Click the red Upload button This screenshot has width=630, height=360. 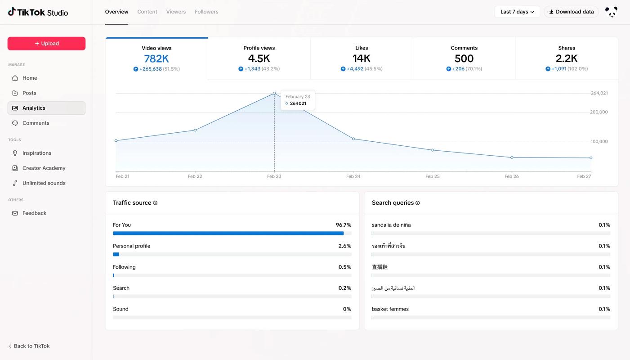point(46,44)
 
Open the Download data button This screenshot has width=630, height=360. point(571,12)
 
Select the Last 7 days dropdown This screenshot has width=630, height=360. point(517,12)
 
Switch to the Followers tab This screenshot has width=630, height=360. point(206,12)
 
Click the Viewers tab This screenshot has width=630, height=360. point(176,12)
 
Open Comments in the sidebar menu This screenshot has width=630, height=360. point(36,123)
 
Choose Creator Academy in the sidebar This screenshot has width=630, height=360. point(44,168)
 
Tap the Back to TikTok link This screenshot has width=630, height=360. point(31,346)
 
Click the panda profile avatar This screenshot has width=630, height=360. point(611,12)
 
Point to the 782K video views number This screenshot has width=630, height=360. point(156,58)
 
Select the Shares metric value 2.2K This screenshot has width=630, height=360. point(567,58)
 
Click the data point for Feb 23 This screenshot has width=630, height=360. point(274,93)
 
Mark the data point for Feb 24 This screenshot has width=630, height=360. point(353,139)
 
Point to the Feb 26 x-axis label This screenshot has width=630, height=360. point(512,176)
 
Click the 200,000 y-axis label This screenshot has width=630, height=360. point(599,112)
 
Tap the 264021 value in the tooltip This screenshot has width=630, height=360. point(298,103)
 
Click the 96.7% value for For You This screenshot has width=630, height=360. point(344,225)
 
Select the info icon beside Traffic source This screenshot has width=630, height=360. point(155,203)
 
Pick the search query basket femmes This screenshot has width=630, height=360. point(390,309)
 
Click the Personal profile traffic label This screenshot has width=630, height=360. point(131,246)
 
